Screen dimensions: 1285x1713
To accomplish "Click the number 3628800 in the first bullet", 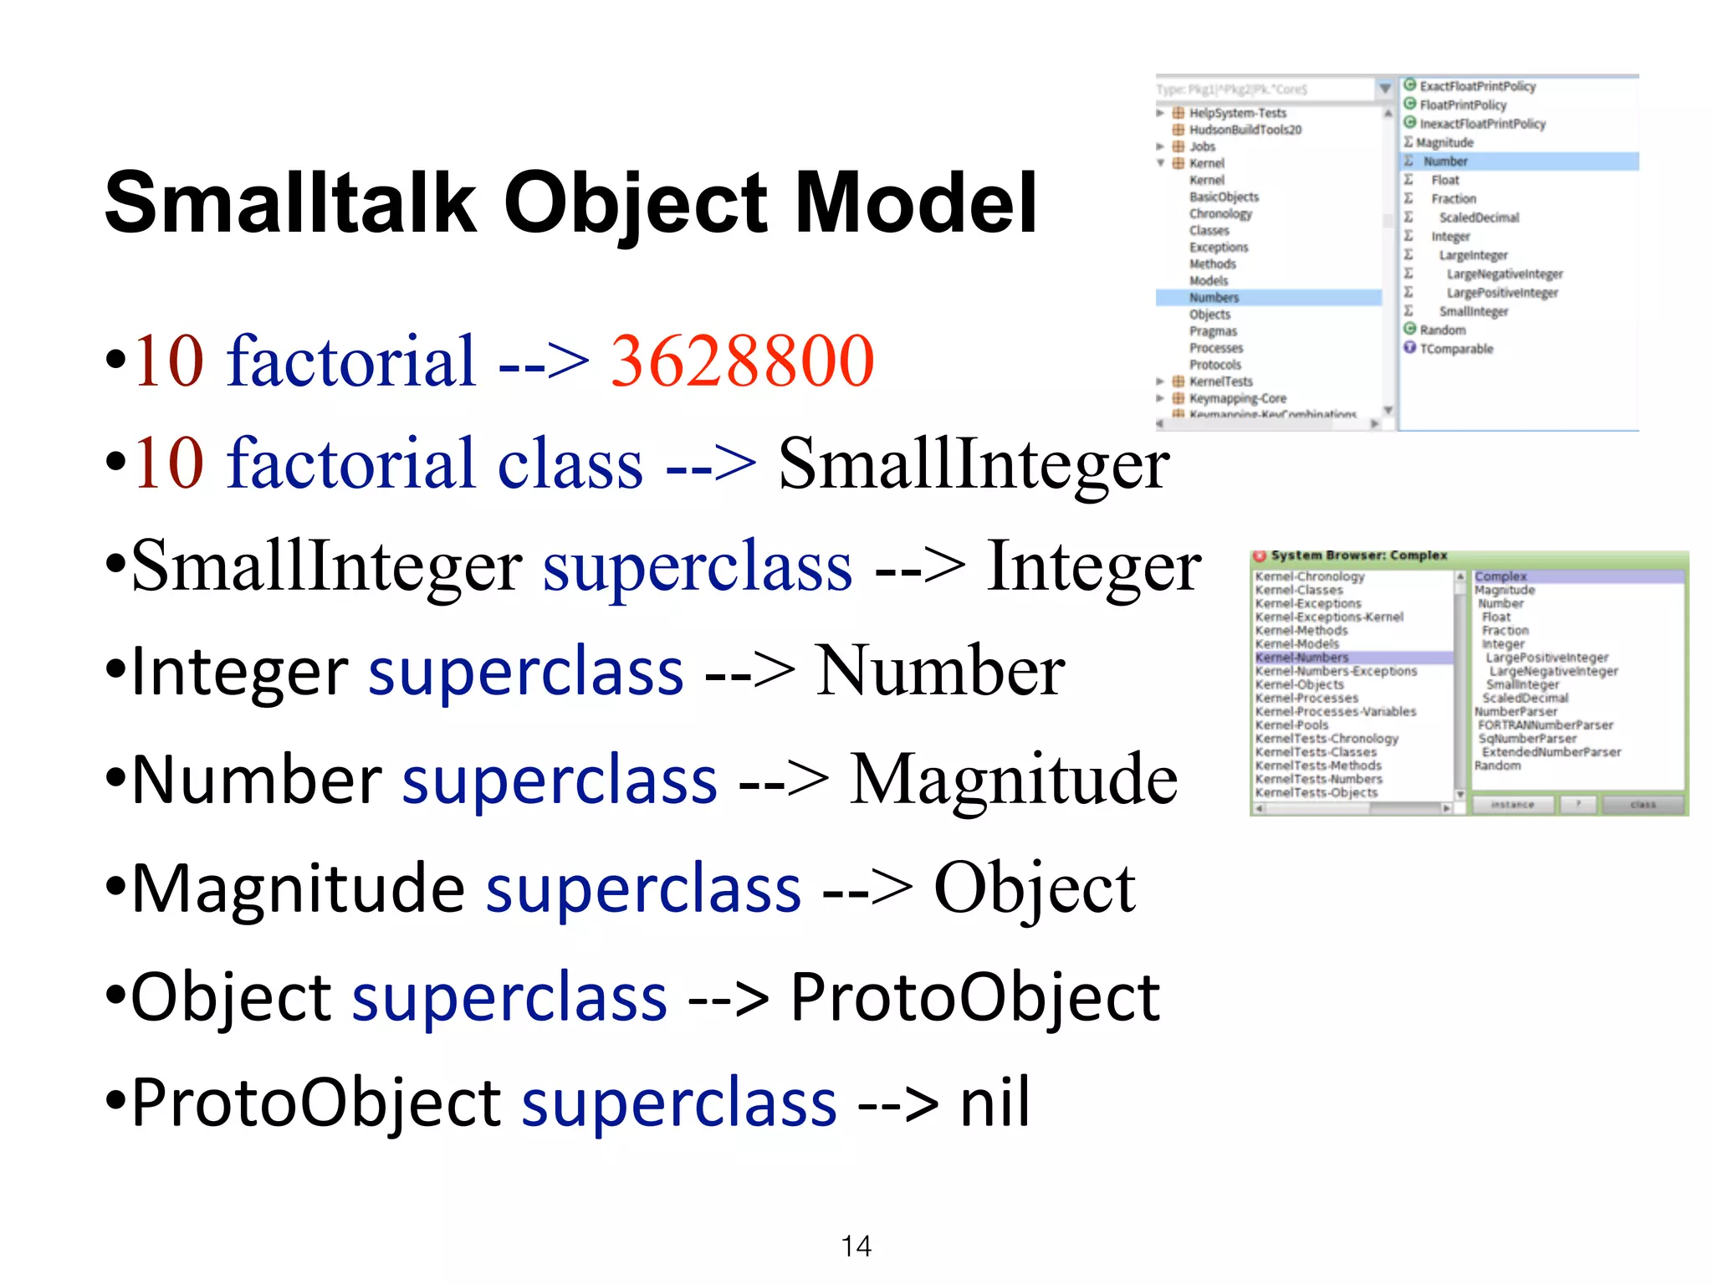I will (x=742, y=361).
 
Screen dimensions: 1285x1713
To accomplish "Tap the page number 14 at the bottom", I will (x=856, y=1246).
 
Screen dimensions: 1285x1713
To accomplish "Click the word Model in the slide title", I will (x=916, y=203).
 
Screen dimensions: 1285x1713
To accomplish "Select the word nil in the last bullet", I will (x=995, y=1103).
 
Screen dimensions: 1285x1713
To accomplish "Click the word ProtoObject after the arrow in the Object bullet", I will (x=974, y=997).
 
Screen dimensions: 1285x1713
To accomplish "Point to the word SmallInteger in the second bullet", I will (x=974, y=464).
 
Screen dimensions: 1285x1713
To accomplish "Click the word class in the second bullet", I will (x=570, y=464).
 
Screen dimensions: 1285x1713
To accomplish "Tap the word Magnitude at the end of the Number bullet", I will (x=1013, y=780).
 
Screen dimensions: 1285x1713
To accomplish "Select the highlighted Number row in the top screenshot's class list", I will (x=1445, y=161).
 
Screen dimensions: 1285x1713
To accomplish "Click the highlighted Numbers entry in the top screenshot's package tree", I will (x=1214, y=298).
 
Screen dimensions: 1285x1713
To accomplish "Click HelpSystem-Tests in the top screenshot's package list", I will (x=1237, y=113).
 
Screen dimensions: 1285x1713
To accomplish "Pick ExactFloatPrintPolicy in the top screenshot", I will (x=1477, y=86).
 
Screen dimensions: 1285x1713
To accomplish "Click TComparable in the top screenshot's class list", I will (x=1455, y=349).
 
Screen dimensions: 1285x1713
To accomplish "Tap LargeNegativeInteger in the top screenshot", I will (x=1504, y=274).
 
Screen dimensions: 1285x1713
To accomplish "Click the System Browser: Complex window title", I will (x=1358, y=555).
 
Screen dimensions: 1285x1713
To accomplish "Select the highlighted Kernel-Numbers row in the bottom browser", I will (x=1301, y=658).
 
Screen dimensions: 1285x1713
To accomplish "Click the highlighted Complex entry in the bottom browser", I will (x=1501, y=576).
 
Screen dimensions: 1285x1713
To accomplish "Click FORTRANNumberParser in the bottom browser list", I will (x=1545, y=725).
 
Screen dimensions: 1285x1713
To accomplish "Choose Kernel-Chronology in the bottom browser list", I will (x=1309, y=576).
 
